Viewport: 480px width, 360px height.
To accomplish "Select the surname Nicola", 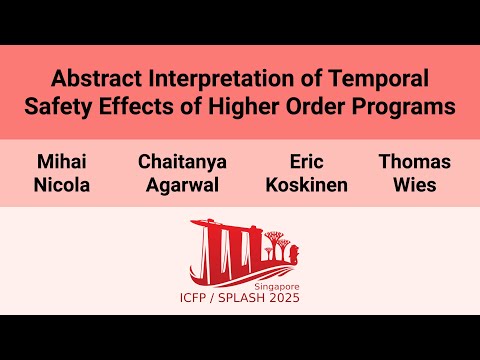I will click(62, 185).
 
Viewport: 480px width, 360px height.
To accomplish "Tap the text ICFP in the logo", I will click(201, 297).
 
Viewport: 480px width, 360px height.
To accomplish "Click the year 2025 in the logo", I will click(283, 297).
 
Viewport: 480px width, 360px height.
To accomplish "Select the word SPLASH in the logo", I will click(241, 297).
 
